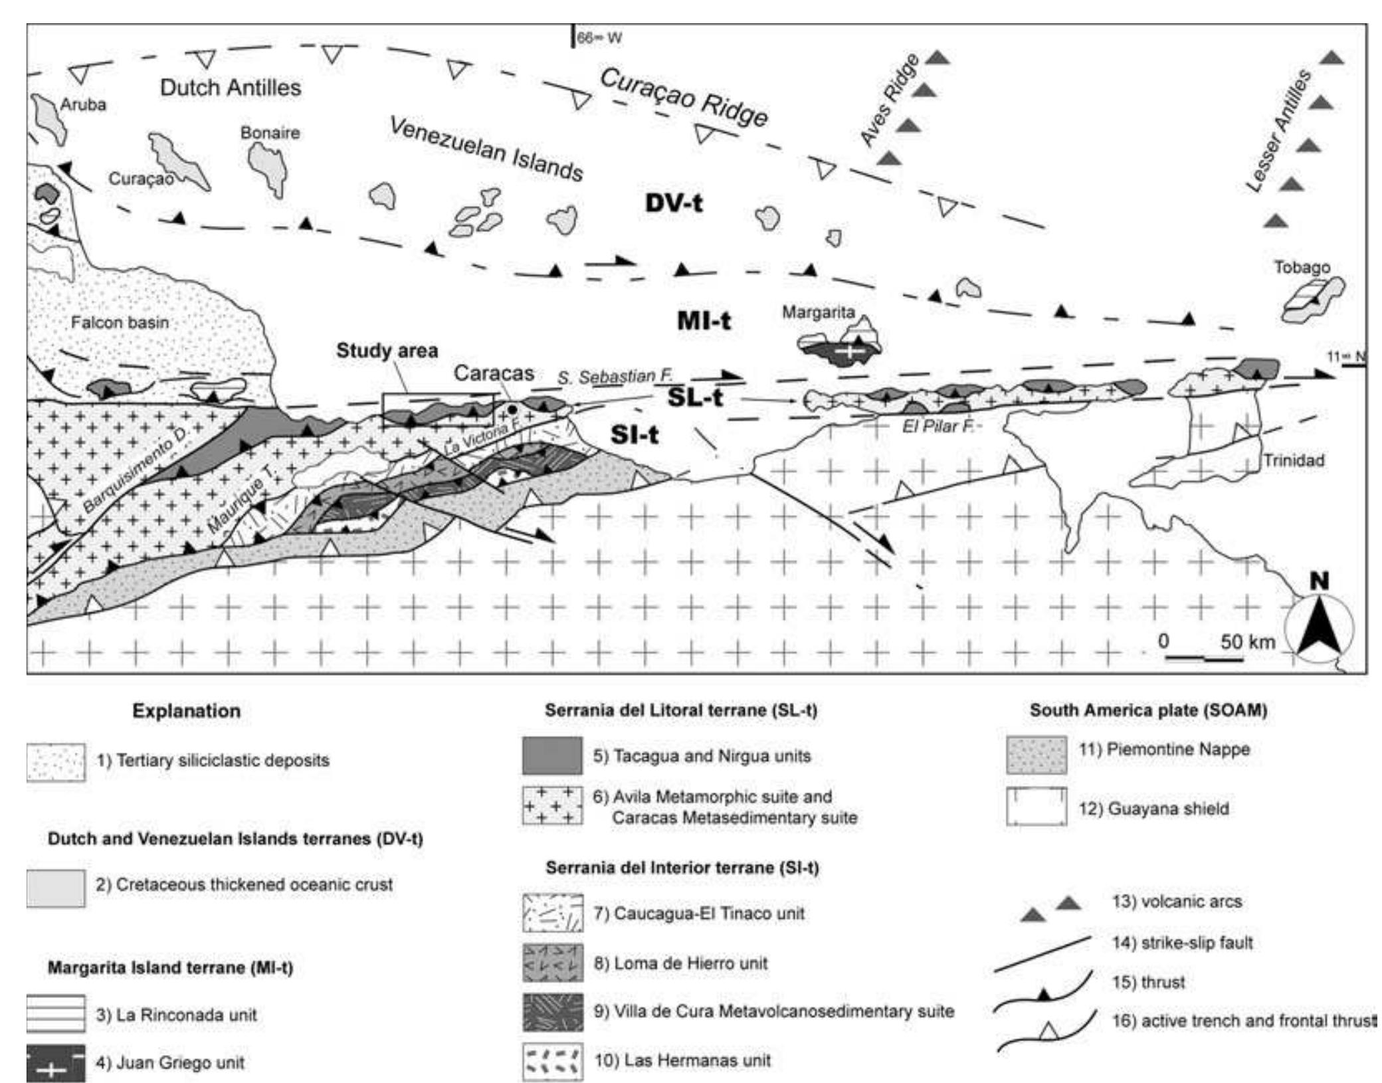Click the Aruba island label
click(83, 104)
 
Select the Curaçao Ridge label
click(684, 98)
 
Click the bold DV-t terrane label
click(674, 203)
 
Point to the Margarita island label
click(818, 312)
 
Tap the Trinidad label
click(1293, 460)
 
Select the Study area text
click(387, 350)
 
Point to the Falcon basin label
click(120, 322)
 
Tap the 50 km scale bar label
click(1247, 641)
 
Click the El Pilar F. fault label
click(938, 427)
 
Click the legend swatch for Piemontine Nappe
click(1036, 754)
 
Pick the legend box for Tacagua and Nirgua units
click(551, 755)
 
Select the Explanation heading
click(186, 710)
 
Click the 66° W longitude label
click(599, 38)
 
